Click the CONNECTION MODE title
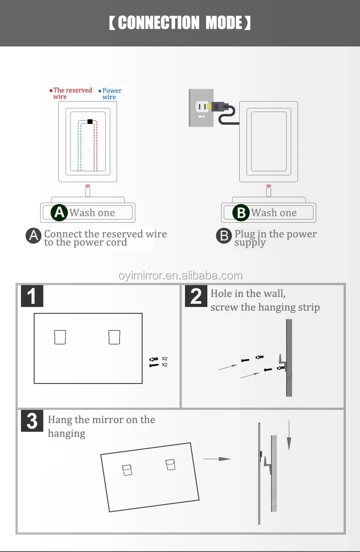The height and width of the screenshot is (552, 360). pos(180,23)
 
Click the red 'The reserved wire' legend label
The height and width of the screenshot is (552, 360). pos(72,93)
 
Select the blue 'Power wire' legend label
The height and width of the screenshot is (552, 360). pos(111,94)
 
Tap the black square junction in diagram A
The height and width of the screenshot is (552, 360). pos(90,122)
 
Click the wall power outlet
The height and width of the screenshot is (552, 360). pos(201,107)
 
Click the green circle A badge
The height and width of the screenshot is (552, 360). pos(59,213)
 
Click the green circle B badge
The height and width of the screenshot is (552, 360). pos(241,213)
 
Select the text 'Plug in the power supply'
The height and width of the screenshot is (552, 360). pos(275,238)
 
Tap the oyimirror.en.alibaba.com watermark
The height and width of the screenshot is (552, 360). pos(180,276)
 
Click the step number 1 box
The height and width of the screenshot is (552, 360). pos(32,296)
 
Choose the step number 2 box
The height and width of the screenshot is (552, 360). pos(195,296)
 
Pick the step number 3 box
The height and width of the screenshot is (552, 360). pos(32,421)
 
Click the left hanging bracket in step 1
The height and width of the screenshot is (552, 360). pos(60,337)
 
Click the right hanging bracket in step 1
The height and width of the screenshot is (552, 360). pos(114,337)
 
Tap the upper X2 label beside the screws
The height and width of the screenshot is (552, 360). pos(165,359)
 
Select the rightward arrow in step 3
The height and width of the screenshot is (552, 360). pos(217,459)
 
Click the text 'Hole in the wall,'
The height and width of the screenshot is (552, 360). pos(248,294)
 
